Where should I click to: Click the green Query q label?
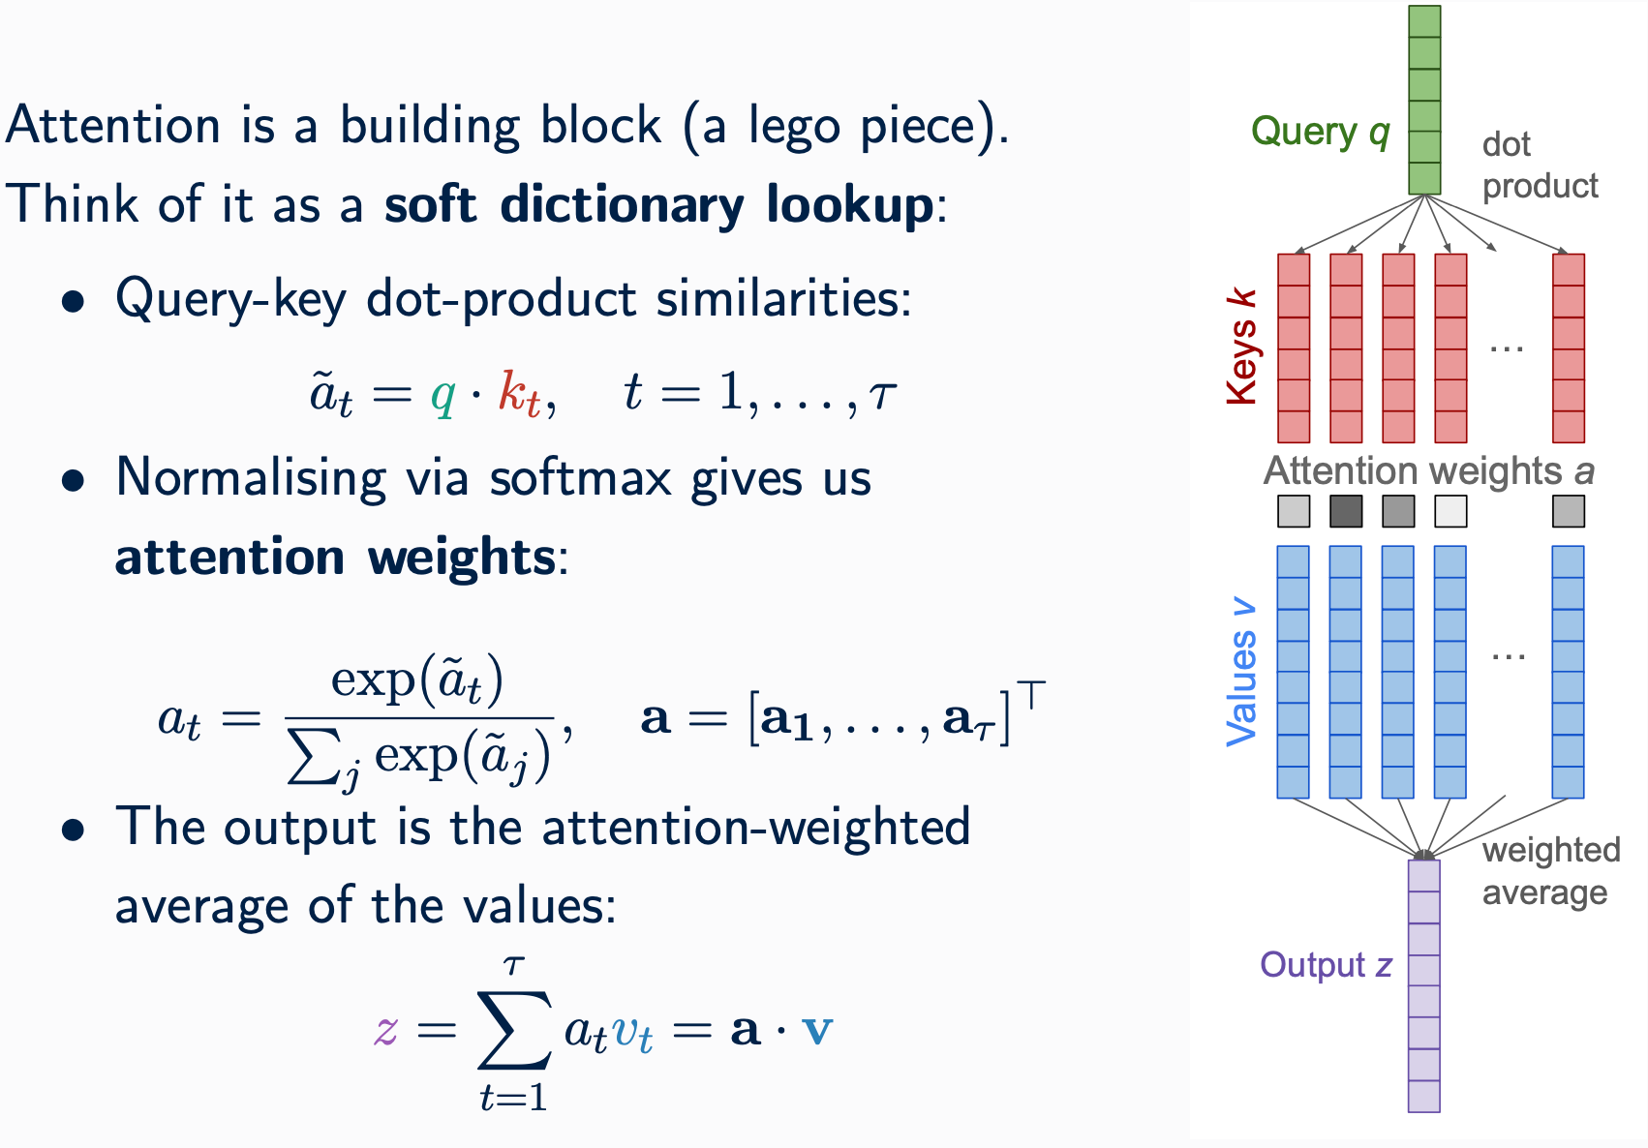pyautogui.click(x=1320, y=132)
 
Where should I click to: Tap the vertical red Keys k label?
pyautogui.click(x=1240, y=347)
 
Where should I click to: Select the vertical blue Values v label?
pyautogui.click(x=1240, y=674)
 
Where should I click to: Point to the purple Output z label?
pyautogui.click(x=1326, y=965)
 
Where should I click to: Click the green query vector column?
pyautogui.click(x=1424, y=100)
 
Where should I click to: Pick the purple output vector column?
pyautogui.click(x=1423, y=985)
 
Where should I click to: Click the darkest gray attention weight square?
pyautogui.click(x=1346, y=511)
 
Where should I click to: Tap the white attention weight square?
pyautogui.click(x=1450, y=511)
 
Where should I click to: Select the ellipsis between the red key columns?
pyautogui.click(x=1507, y=347)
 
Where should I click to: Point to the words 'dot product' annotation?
pyautogui.click(x=1539, y=165)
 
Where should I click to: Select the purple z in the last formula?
pyautogui.click(x=385, y=1030)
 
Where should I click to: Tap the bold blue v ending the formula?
pyautogui.click(x=817, y=1030)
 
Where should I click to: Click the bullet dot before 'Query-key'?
pyautogui.click(x=73, y=303)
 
